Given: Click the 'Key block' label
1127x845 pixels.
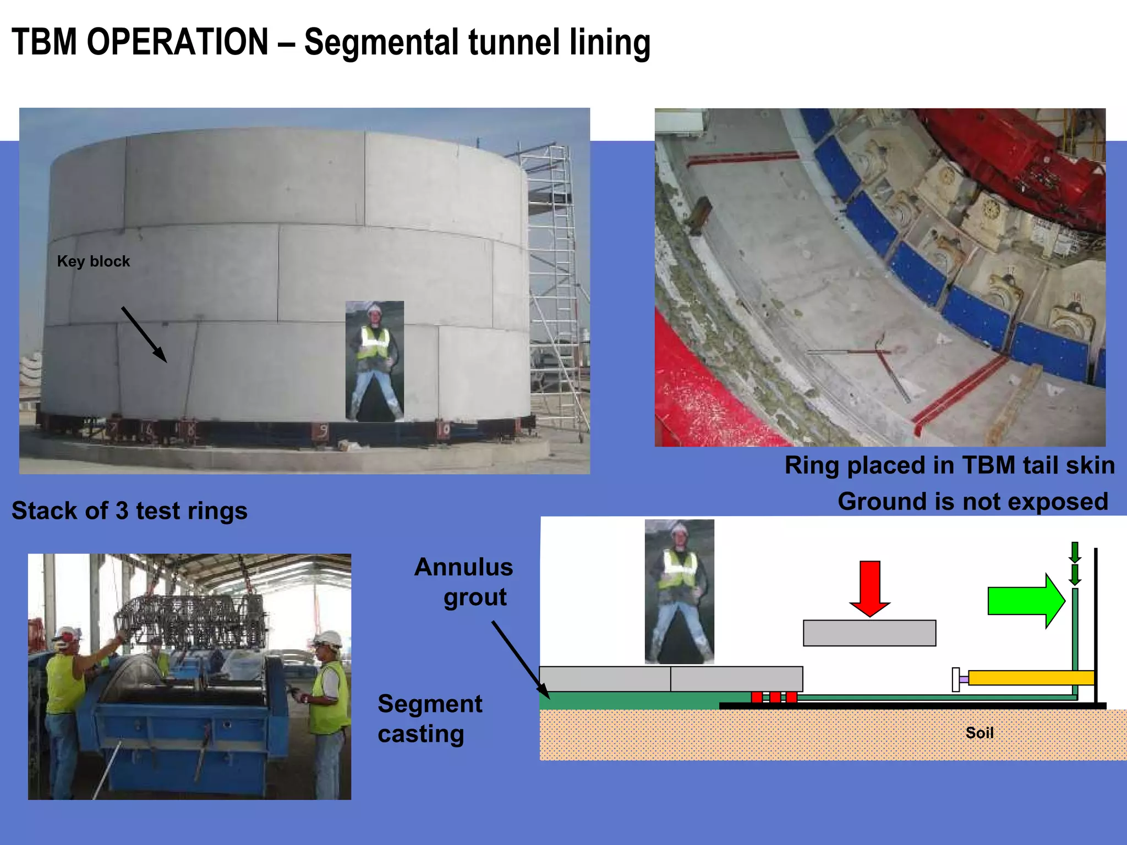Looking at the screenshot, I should tap(94, 261).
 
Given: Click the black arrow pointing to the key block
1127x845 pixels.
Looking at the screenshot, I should tap(144, 334).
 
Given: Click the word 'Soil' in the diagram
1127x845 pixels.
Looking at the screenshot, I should tap(980, 733).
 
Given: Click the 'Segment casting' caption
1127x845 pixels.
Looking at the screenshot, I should tap(430, 718).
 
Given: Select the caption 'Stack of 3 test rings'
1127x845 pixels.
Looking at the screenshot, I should tap(130, 511).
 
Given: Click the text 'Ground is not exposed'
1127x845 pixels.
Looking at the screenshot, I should tap(972, 502).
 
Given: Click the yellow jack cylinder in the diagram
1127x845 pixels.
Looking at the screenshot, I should tap(1030, 678).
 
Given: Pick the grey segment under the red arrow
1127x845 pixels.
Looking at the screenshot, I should tap(869, 633).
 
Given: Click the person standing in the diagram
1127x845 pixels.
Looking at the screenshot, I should tap(680, 591).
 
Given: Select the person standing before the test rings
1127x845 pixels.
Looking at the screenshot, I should tap(375, 361).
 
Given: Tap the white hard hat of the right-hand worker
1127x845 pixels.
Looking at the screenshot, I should tap(327, 639).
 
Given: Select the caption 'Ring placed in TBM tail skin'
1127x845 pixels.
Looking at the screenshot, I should tap(949, 465).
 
